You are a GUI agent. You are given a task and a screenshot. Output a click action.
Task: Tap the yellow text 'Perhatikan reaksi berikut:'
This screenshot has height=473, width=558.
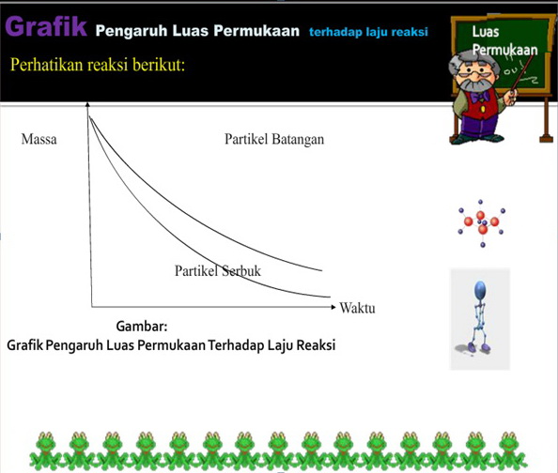pyautogui.click(x=97, y=65)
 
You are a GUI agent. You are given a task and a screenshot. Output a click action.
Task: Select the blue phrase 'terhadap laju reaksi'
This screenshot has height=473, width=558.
pyautogui.click(x=368, y=31)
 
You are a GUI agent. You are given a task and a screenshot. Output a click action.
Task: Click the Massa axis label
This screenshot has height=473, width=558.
pyautogui.click(x=39, y=140)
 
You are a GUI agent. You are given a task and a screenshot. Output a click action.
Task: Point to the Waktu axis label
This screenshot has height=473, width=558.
pyautogui.click(x=357, y=308)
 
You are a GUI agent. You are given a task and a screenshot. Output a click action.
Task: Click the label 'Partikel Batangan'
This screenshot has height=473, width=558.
pyautogui.click(x=274, y=140)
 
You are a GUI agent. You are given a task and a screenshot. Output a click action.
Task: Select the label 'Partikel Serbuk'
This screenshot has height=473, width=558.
pyautogui.click(x=218, y=270)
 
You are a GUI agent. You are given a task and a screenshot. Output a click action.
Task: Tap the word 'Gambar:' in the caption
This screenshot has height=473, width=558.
pyautogui.click(x=142, y=327)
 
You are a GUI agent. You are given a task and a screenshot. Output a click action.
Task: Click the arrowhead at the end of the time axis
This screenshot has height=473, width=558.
pyautogui.click(x=333, y=307)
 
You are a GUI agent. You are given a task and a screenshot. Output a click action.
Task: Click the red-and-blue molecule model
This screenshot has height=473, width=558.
pyautogui.click(x=482, y=222)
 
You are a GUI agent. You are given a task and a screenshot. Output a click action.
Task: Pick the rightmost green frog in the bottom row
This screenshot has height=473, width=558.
pyautogui.click(x=509, y=450)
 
